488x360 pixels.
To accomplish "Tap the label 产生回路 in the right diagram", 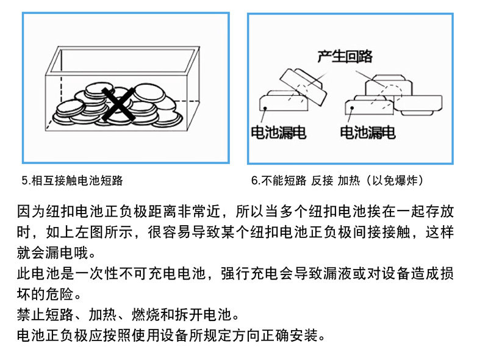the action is point(345,57).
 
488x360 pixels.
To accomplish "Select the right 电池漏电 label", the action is point(367,132).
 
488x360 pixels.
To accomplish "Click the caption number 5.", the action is point(24,181).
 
